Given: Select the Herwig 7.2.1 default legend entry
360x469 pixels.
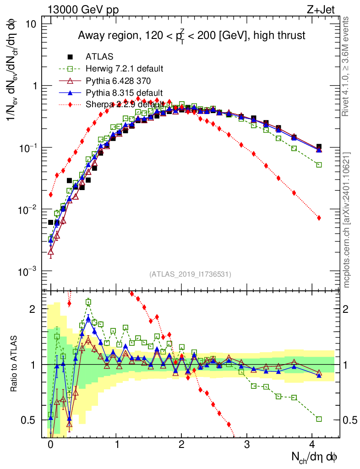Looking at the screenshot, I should pos(124,69).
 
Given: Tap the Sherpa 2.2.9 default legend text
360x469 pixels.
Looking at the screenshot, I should pos(124,104).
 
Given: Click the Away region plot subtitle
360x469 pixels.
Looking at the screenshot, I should pos(191,36).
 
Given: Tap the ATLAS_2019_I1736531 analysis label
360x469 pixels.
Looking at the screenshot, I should pos(190,274).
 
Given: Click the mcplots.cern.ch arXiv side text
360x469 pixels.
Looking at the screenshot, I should pos(346,220).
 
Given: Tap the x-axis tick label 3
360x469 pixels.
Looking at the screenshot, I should pos(247,444).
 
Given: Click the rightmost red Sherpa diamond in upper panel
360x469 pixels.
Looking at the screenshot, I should pos(319,218).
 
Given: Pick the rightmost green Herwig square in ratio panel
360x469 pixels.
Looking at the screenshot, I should pos(319,419).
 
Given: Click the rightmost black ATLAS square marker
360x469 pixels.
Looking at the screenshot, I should pos(319,147).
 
